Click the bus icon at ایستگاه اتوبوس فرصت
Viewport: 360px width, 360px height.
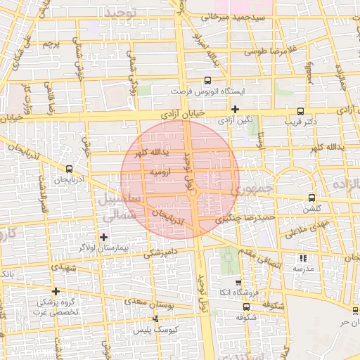tap(207, 80)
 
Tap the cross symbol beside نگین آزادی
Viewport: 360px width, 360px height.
tap(235, 109)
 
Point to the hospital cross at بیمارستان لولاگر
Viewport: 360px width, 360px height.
tap(104, 236)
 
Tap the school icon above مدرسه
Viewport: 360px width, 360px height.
tap(303, 258)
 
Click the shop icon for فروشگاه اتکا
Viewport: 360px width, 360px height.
tap(238, 281)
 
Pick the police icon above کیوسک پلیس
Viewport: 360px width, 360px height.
tap(156, 319)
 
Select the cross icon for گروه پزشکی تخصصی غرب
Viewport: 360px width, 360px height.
tap(56, 290)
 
